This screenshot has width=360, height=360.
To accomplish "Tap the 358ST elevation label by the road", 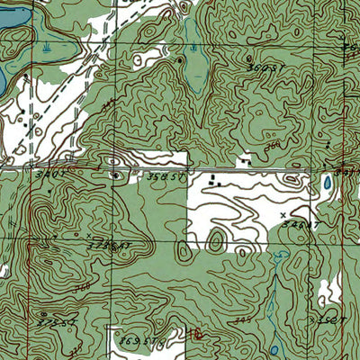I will (x=165, y=178).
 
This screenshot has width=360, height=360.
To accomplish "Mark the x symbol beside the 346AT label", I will (x=283, y=215).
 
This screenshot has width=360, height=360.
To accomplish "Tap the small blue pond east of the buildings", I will (x=327, y=184).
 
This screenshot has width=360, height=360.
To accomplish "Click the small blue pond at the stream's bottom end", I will (x=274, y=349).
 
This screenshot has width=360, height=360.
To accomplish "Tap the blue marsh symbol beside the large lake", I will (x=44, y=43).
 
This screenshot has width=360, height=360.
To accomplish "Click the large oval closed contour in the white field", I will (x=215, y=239).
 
